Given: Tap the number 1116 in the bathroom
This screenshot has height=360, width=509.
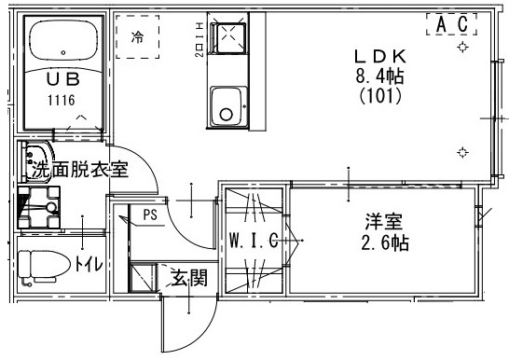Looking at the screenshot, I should (x=61, y=99).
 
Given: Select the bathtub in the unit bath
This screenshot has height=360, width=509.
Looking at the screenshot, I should (x=62, y=43).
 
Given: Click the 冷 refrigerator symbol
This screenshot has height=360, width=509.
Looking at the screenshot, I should (x=138, y=38).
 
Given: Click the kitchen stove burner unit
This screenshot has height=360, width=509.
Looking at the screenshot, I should (x=227, y=38).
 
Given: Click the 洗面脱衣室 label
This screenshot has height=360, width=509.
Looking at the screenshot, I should (x=80, y=171).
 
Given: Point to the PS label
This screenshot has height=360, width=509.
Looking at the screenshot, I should (x=150, y=215).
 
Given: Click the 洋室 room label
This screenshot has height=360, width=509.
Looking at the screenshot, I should (x=382, y=223).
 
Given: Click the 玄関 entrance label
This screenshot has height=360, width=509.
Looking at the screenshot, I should (x=188, y=277).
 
